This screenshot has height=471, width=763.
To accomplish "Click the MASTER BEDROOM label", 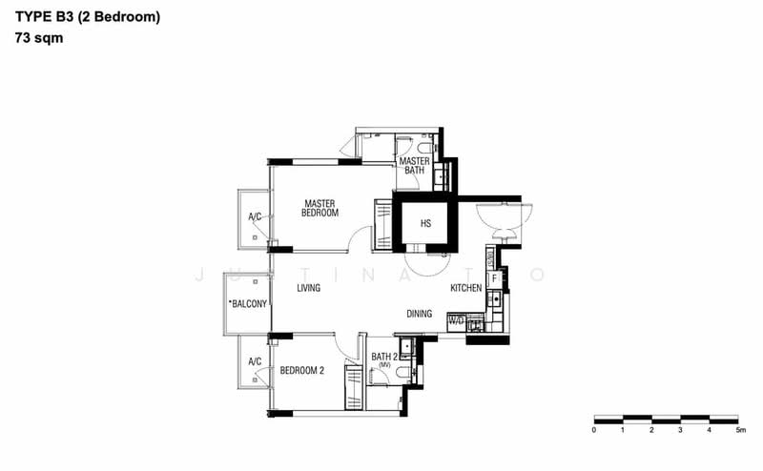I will coord(320,208).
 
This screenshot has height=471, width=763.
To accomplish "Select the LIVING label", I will coord(308,288).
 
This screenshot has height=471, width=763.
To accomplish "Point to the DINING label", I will coord(420,313).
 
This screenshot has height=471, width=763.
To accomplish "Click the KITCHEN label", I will coord(467,288).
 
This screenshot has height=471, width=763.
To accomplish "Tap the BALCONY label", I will coord(248,304).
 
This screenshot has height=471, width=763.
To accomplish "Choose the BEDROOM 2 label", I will coord(302,371).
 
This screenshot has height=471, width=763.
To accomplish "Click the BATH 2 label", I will coord(385,357).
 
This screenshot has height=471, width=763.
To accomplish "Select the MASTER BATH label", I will coord(415,166).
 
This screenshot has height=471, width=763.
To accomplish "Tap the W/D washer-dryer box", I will coord(456,321).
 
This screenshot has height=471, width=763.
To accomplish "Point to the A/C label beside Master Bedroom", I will coord(255,217).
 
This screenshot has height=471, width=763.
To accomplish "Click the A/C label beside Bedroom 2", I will coord(255,362).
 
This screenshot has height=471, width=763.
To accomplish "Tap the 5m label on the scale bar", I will coord(738,431).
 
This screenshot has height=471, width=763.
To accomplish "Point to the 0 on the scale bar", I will coord(593,431).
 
